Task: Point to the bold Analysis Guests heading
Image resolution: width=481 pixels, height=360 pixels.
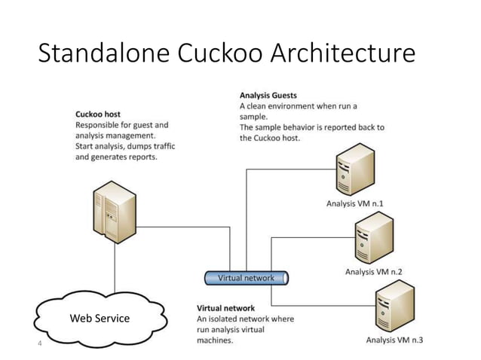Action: (268, 96)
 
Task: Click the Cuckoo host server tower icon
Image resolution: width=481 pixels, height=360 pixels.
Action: (113, 213)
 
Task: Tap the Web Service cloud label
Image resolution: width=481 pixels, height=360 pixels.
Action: (100, 319)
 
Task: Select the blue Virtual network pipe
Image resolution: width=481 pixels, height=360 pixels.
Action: (247, 278)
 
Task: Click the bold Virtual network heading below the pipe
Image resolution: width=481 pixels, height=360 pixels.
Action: (225, 308)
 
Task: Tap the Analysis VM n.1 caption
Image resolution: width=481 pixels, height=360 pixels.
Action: (355, 203)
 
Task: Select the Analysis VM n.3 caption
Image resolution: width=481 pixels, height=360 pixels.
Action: (394, 340)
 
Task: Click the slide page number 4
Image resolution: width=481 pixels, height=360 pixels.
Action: (40, 344)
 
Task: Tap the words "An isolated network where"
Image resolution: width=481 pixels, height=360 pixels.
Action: (246, 319)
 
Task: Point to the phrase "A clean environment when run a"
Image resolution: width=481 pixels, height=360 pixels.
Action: (298, 107)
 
